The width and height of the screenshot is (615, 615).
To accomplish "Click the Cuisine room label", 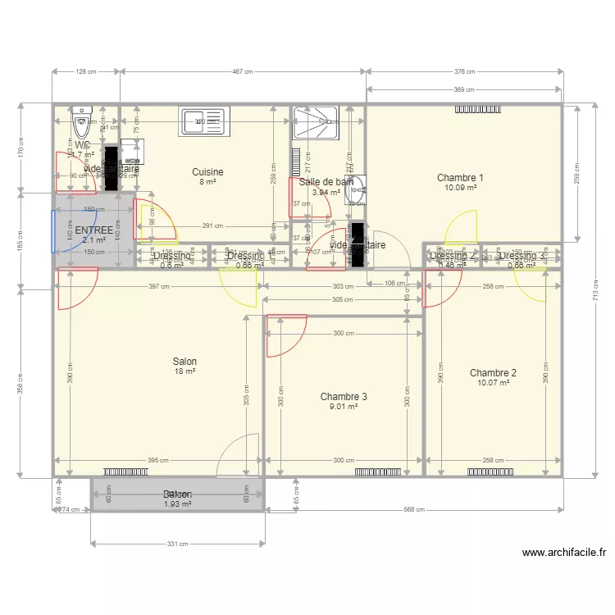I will (207, 172).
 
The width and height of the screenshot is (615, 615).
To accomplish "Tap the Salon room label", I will (184, 361).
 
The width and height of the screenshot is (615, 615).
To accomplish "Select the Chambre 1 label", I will (460, 178).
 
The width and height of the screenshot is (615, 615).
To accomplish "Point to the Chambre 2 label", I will (493, 372).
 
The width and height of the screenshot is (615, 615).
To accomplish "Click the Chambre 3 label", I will (344, 396).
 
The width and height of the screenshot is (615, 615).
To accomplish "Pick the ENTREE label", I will (93, 230).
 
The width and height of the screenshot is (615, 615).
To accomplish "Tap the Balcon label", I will (177, 494).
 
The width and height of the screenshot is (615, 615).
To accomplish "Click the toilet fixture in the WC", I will (83, 125).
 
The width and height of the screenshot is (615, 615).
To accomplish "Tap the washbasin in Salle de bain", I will (355, 190).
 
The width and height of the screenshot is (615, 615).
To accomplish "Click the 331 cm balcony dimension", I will (177, 544).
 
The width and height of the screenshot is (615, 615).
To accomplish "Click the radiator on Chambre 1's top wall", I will (477, 108).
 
